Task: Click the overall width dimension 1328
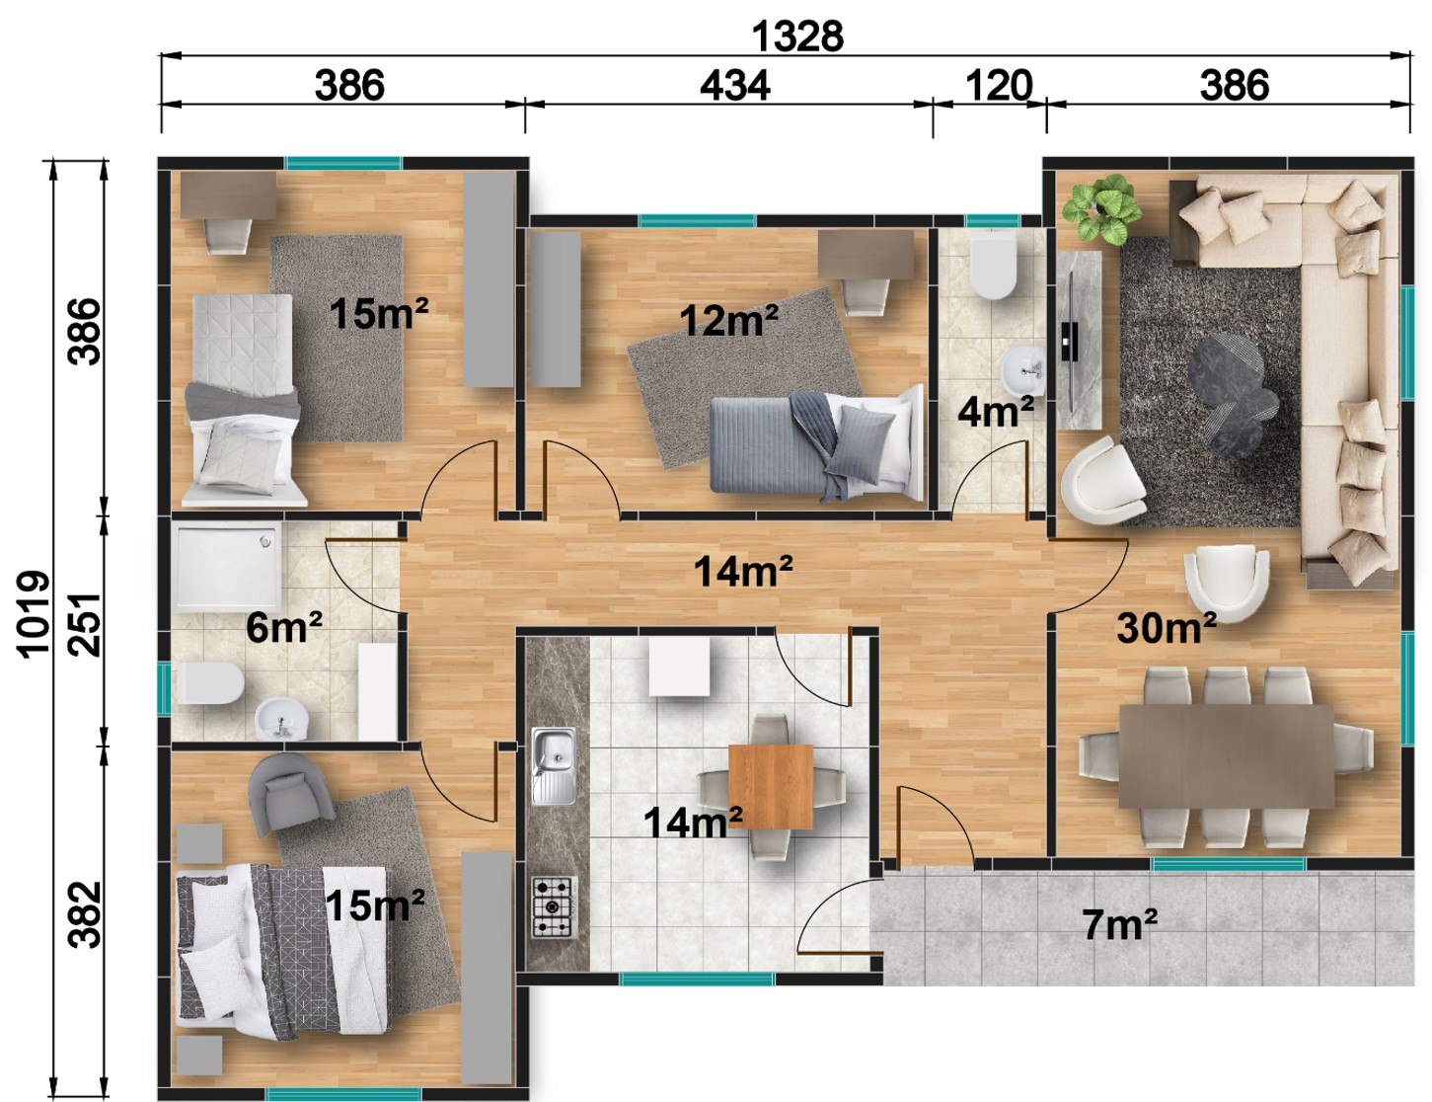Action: click(796, 36)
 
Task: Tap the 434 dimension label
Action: click(734, 86)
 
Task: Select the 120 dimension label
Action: click(999, 86)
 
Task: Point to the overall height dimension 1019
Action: click(33, 614)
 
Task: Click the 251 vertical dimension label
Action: click(85, 625)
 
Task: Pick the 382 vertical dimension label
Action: click(85, 914)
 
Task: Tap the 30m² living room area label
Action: click(1166, 627)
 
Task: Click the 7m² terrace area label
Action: click(1119, 924)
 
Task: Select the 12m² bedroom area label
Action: click(728, 320)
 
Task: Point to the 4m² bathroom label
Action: click(995, 411)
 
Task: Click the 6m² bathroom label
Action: click(284, 627)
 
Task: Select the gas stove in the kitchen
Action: click(555, 907)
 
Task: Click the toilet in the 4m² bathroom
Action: click(993, 268)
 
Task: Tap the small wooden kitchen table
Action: click(771, 786)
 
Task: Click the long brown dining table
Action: click(1226, 756)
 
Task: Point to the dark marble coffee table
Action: click(1233, 394)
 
